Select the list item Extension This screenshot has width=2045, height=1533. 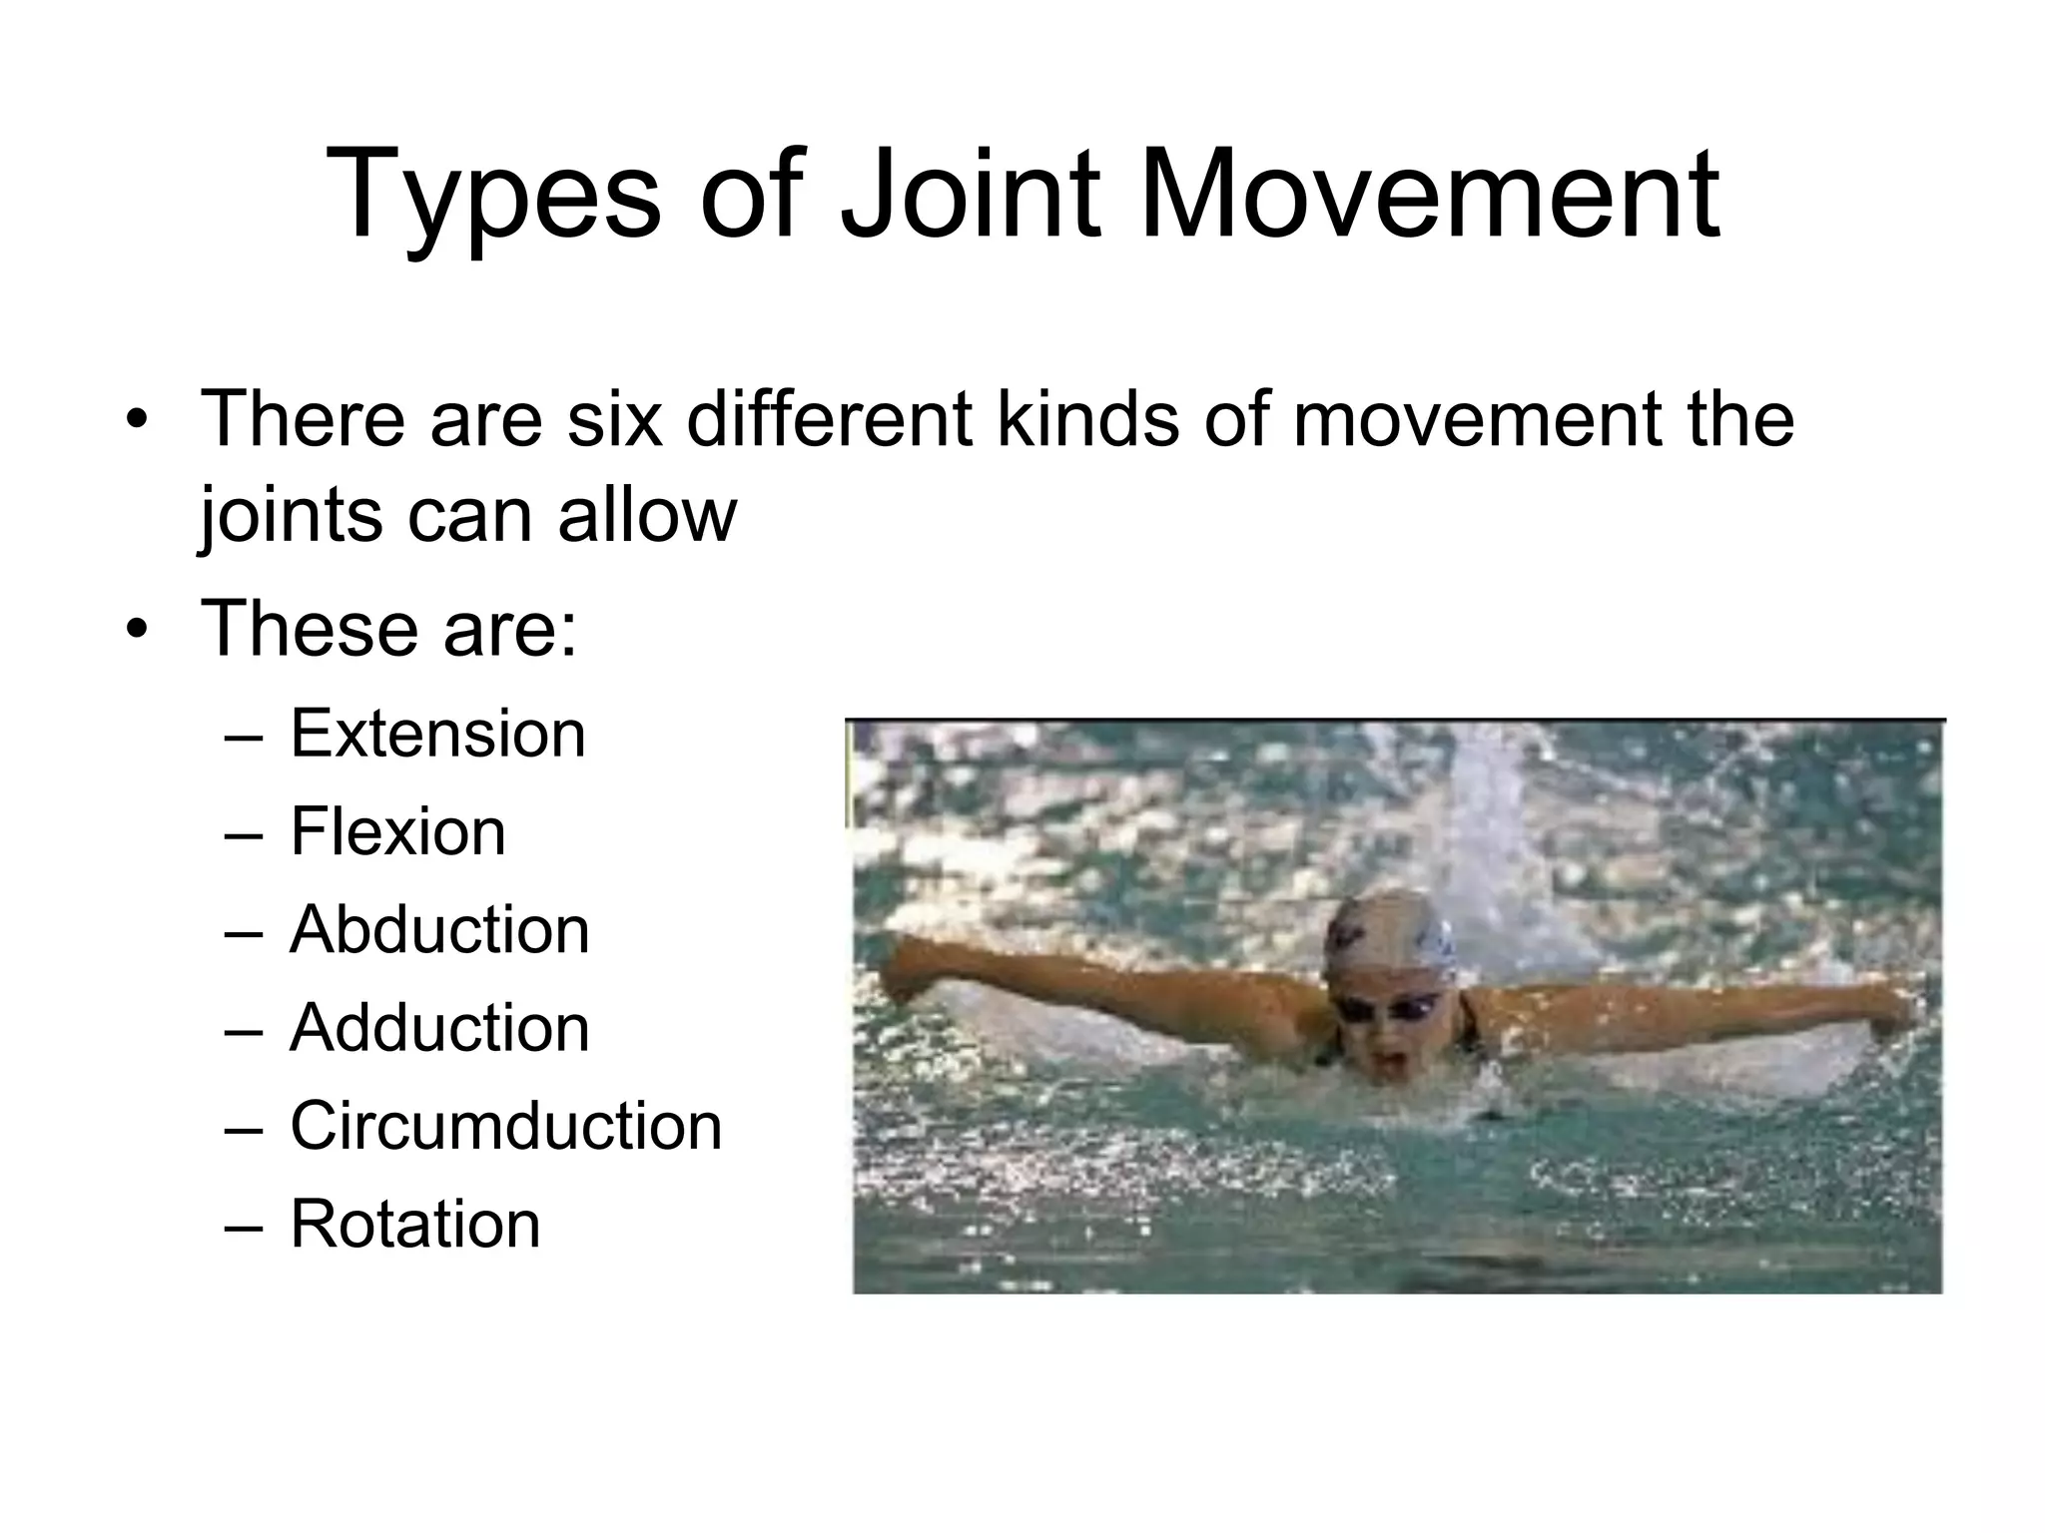(437, 734)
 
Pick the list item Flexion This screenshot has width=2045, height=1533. (397, 831)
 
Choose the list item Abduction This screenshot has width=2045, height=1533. (439, 929)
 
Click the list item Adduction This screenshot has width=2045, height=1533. (439, 1027)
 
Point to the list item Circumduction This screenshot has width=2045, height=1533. (505, 1125)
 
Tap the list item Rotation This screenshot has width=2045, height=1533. (414, 1224)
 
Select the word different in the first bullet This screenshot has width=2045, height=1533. (829, 418)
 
